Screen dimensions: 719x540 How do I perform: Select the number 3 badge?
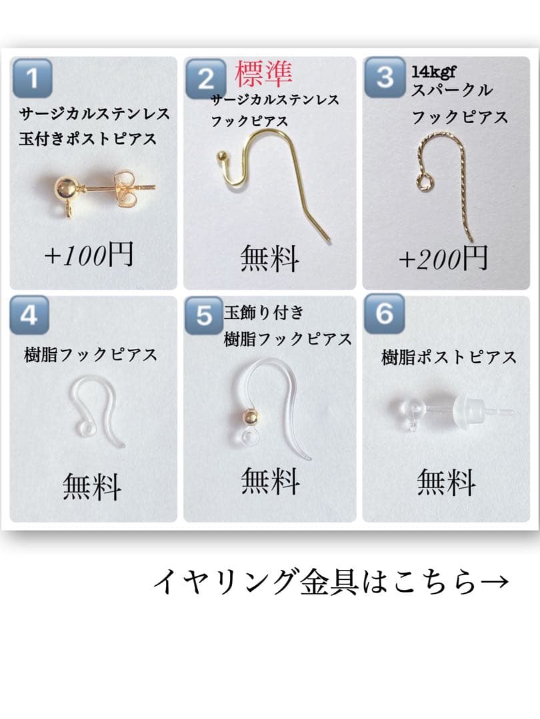click(x=385, y=78)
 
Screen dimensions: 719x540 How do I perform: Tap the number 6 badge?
click(x=384, y=314)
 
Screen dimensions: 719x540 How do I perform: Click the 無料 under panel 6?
click(x=446, y=483)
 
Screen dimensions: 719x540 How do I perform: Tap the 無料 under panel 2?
click(x=269, y=258)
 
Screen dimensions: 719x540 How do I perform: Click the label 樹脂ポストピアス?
click(x=449, y=358)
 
